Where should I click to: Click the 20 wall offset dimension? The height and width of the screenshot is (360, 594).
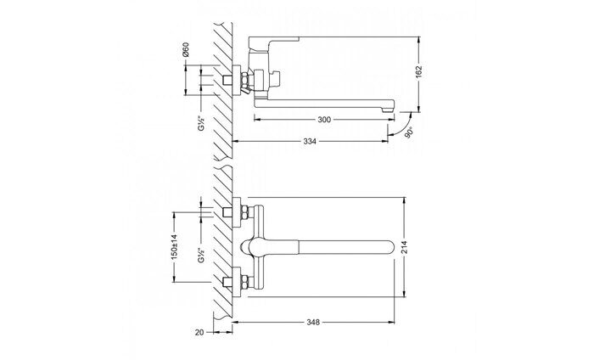(199, 333)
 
